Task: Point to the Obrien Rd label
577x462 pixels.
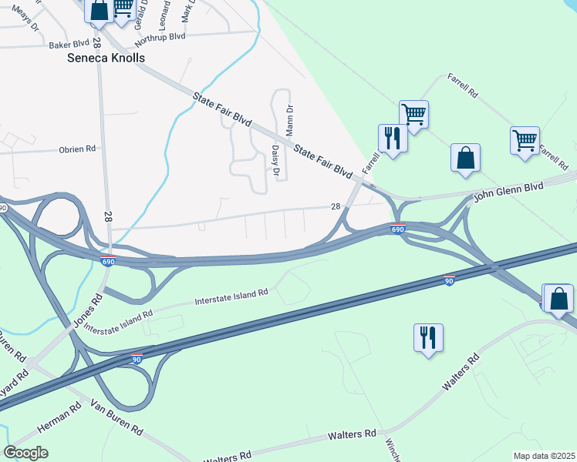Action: click(76, 149)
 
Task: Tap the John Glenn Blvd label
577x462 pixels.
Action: click(508, 191)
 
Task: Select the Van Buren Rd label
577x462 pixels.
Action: click(116, 417)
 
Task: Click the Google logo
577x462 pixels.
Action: click(25, 453)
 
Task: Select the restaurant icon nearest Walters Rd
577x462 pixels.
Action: click(428, 337)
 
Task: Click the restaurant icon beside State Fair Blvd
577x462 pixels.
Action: click(392, 139)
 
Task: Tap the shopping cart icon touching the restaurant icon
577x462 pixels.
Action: click(413, 115)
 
